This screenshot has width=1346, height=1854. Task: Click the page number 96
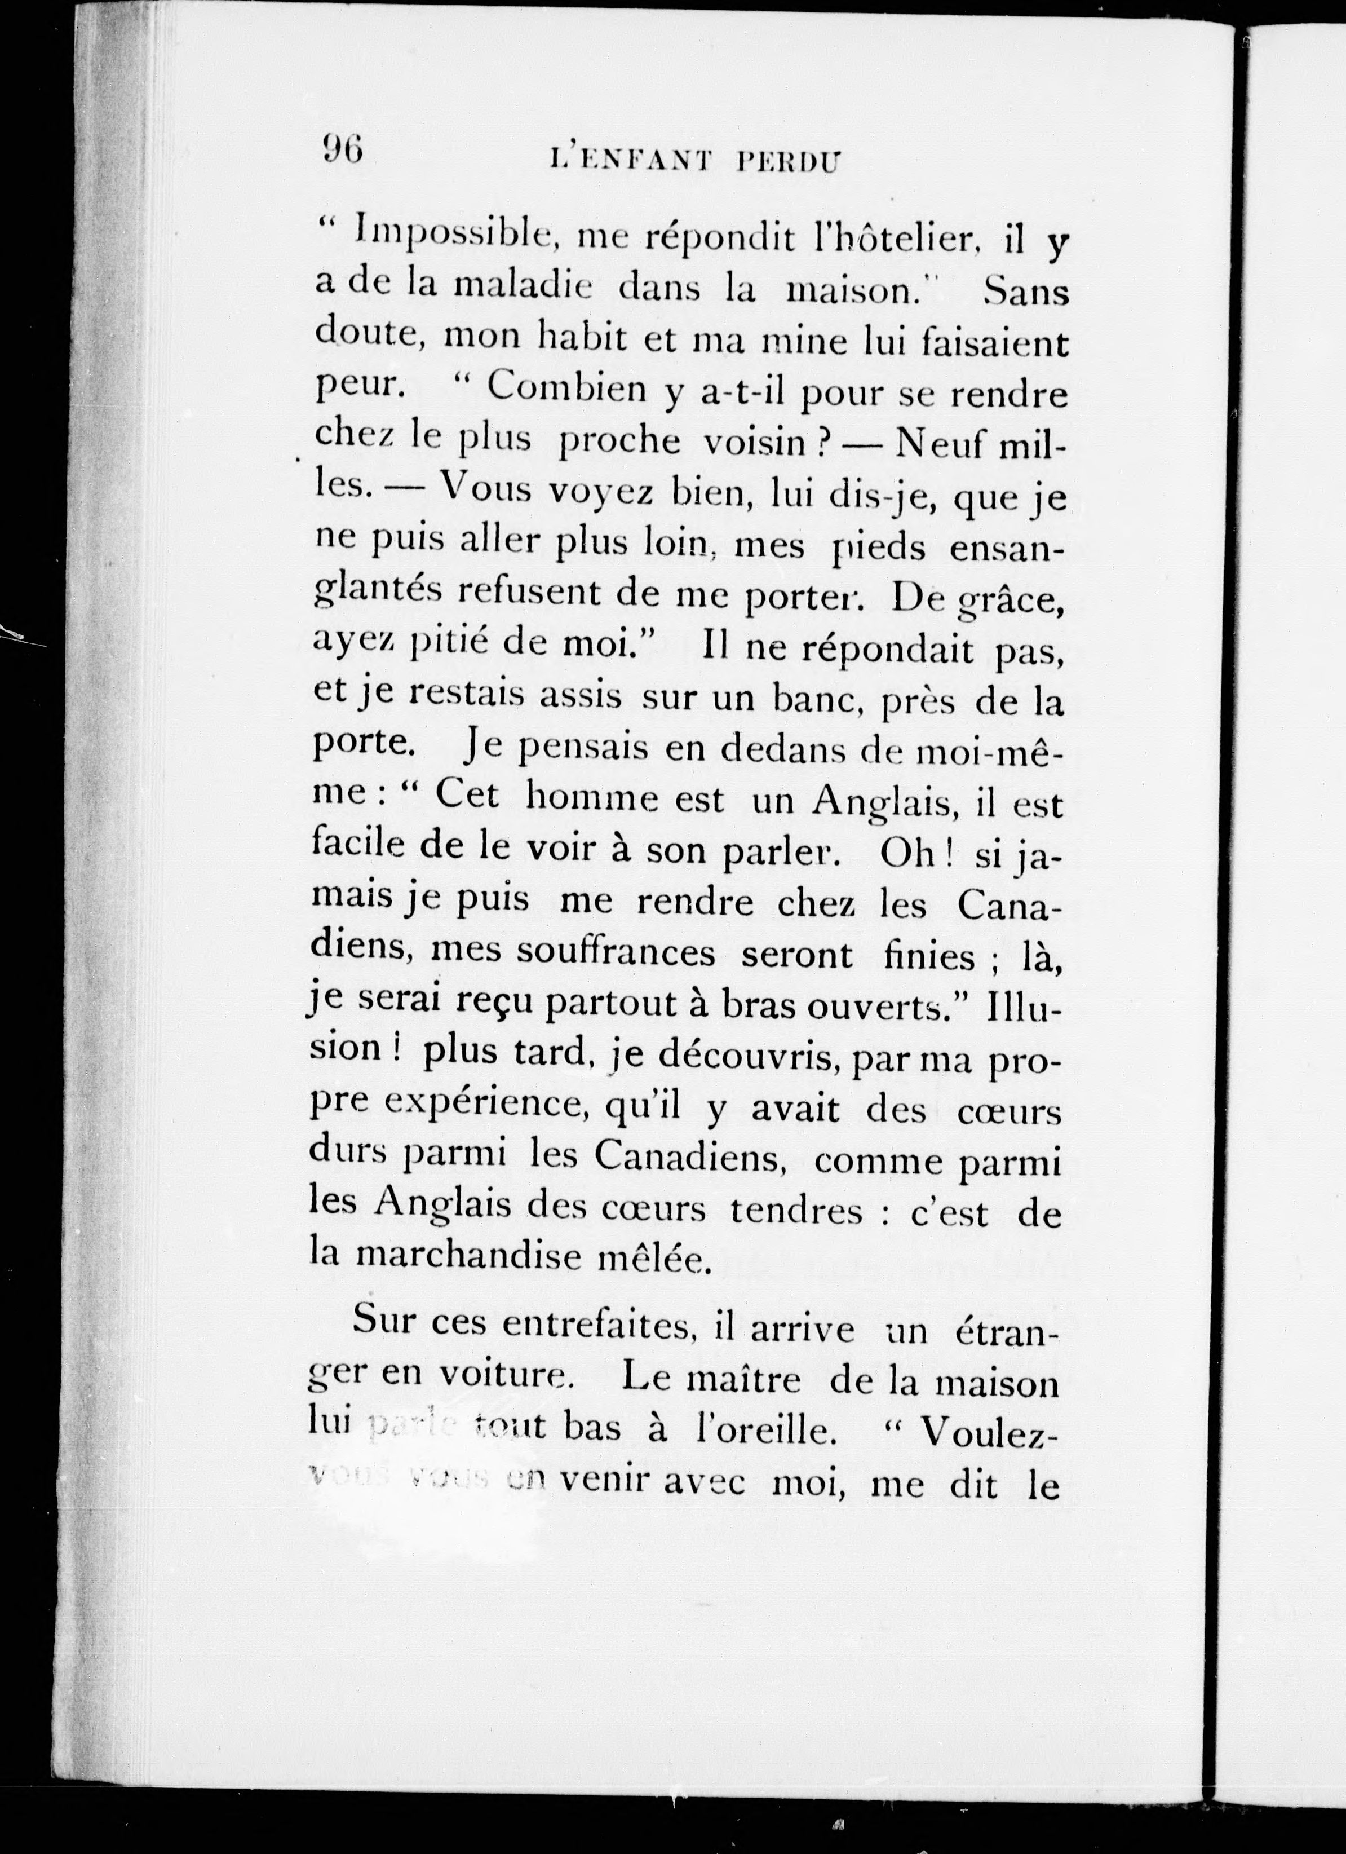[x=343, y=149]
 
